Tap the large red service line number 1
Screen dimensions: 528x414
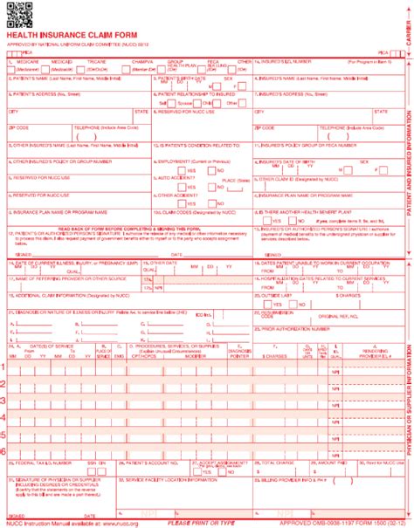[5, 342]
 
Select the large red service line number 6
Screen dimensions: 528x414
[5, 449]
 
